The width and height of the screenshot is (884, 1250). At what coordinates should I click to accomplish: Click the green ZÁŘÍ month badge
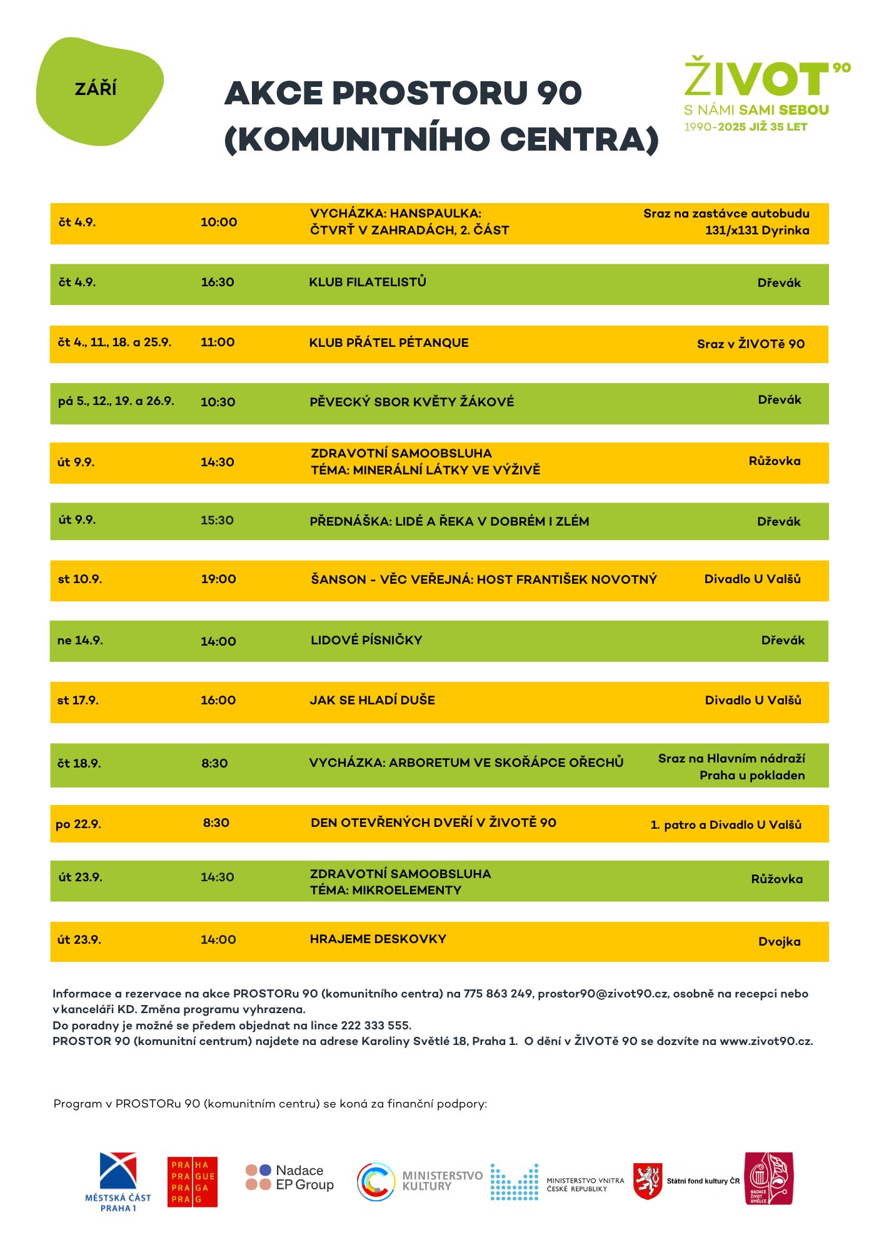(x=99, y=91)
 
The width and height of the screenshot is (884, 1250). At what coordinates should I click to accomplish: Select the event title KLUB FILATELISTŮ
(x=368, y=282)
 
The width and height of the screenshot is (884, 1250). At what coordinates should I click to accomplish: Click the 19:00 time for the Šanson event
(x=218, y=579)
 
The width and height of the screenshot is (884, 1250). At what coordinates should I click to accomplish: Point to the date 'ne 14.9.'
(x=80, y=641)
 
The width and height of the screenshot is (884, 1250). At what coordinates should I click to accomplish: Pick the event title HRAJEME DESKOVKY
(x=378, y=939)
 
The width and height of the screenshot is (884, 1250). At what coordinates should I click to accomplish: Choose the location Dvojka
(x=779, y=942)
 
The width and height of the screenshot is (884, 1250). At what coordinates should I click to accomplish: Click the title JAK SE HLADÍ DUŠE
(x=373, y=700)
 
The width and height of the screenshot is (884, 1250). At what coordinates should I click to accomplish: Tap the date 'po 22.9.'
(x=79, y=824)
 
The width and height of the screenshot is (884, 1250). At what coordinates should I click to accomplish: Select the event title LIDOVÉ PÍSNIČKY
(x=366, y=640)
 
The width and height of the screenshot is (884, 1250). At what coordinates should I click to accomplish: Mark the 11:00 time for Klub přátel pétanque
(x=218, y=342)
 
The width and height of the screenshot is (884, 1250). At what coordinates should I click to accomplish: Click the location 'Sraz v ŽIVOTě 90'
(x=751, y=344)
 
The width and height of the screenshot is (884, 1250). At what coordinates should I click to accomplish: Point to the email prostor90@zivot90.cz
(x=603, y=994)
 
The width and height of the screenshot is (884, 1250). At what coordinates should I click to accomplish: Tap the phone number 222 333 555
(x=375, y=1026)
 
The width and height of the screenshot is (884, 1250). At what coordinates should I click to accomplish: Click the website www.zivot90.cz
(x=766, y=1041)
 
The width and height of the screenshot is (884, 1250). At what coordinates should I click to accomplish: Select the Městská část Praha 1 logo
(x=118, y=1181)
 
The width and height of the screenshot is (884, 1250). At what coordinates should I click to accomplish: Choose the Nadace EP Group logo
(x=290, y=1177)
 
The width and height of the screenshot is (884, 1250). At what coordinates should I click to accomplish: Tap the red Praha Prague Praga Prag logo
(x=193, y=1181)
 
